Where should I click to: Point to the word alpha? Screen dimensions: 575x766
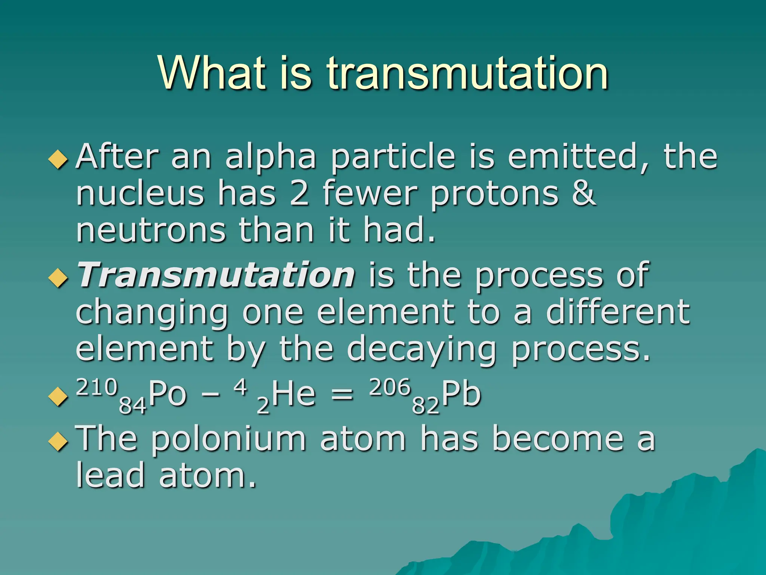271,157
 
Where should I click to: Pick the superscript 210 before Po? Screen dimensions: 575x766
97,387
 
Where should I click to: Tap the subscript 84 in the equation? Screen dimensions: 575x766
132,405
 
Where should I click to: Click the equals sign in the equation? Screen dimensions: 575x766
342,395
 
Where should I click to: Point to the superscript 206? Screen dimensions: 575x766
390,387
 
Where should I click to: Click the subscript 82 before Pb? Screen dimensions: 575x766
425,405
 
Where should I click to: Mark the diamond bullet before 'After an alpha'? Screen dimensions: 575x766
58,159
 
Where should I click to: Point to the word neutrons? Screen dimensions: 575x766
151,230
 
